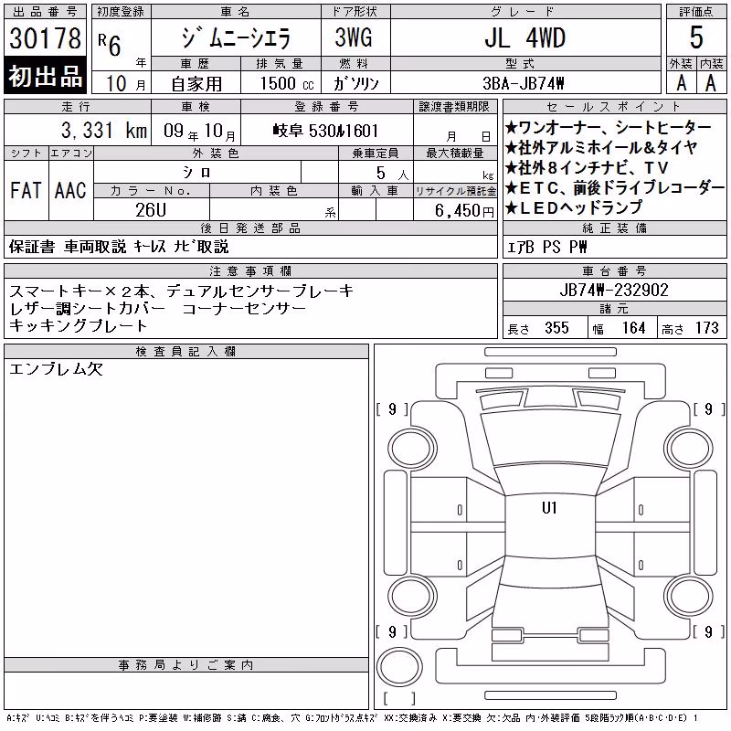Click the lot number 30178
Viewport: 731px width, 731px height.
click(45, 38)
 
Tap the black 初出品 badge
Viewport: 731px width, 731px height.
click(45, 76)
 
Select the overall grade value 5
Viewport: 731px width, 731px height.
click(696, 37)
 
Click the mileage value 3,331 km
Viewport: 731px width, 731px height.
click(104, 131)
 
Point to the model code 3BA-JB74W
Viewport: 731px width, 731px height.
click(524, 83)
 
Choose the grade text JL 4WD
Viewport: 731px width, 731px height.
click(524, 38)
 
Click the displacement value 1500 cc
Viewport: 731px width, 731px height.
click(287, 83)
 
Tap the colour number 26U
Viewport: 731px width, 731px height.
click(151, 210)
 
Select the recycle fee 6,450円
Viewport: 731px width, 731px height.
click(464, 211)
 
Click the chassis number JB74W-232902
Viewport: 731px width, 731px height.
click(614, 290)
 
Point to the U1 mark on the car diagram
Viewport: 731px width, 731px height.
click(549, 508)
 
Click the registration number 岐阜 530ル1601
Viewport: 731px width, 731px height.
click(325, 131)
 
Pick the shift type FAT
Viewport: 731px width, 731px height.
click(26, 191)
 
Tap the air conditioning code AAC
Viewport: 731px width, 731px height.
click(70, 191)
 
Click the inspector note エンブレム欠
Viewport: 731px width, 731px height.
click(56, 369)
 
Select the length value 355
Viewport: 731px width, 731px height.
click(556, 328)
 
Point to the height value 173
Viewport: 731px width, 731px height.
click(707, 328)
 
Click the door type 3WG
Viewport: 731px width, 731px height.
click(354, 37)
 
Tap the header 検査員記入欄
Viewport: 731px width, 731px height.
click(185, 351)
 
